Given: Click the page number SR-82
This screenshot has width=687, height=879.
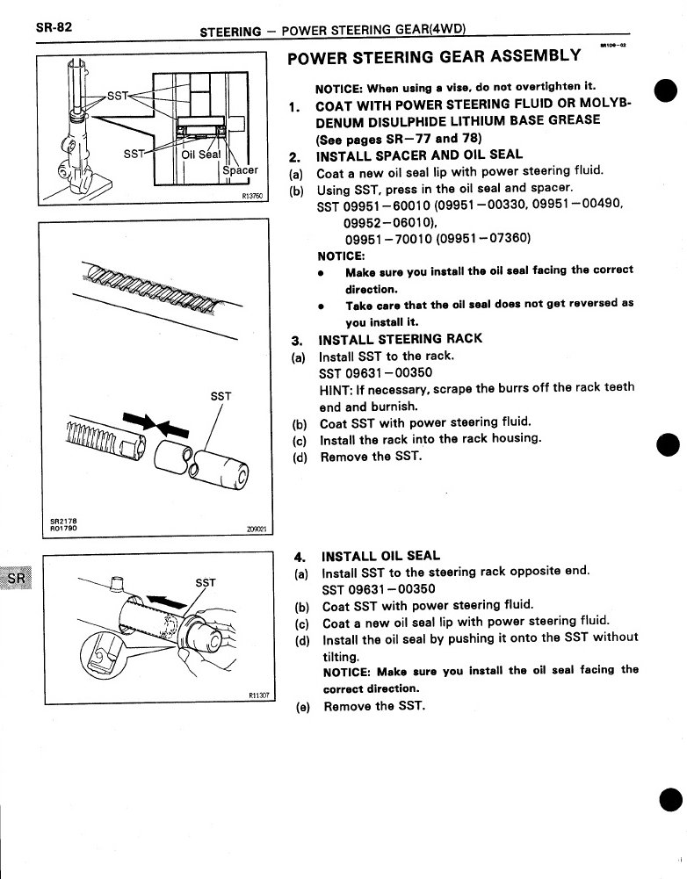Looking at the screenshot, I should tap(54, 25).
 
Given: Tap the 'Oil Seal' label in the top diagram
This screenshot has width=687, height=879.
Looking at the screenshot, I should tap(200, 155).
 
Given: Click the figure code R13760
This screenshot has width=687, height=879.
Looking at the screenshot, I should tap(252, 198).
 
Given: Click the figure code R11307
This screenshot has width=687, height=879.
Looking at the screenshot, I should tap(255, 695).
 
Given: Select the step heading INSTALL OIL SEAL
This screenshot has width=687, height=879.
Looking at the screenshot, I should tap(381, 556).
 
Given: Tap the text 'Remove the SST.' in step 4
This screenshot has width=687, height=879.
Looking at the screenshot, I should tap(374, 705).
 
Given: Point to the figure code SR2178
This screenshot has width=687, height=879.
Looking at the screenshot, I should tap(64, 519).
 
